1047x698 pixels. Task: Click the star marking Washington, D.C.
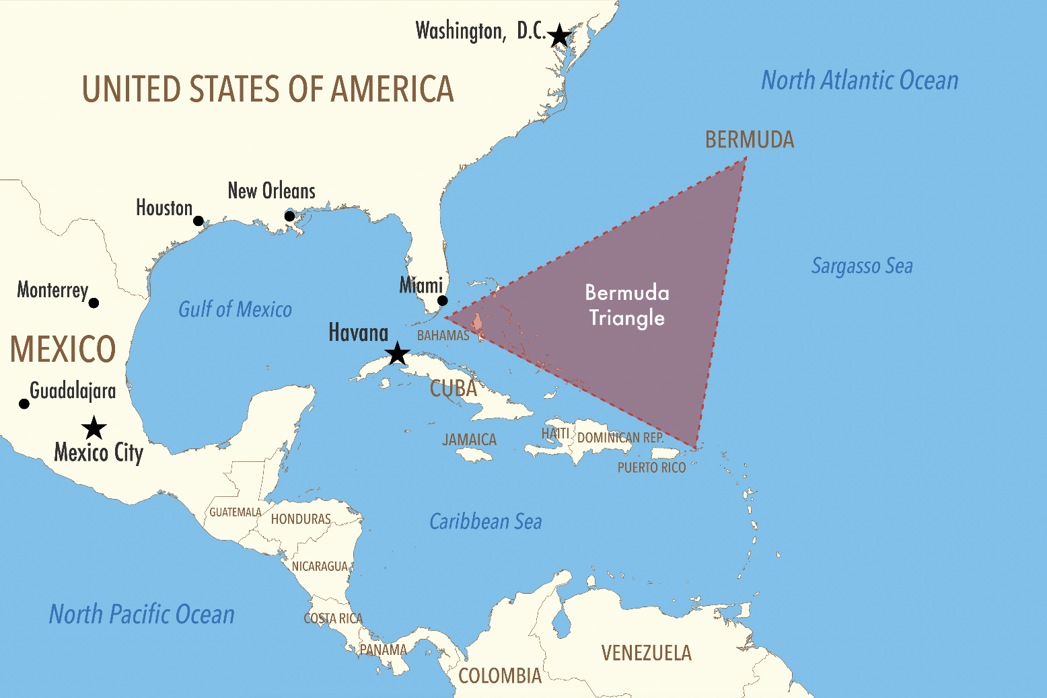pos(559,36)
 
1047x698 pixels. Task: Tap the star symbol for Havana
pos(398,353)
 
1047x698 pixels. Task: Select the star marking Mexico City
pos(94,428)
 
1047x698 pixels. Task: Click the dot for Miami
pos(442,301)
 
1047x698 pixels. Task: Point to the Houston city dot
pos(198,221)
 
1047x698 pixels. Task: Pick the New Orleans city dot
pos(289,216)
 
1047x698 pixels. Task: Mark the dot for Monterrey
pos(94,303)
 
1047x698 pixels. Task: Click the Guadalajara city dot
pos(24,403)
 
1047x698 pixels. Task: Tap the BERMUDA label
pos(750,140)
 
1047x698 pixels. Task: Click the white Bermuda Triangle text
pos(627,305)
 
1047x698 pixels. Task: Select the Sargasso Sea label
pos(862,266)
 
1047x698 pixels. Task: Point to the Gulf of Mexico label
pos(235,309)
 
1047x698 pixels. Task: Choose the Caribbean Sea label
pos(485,522)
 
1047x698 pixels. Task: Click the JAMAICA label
pos(469,440)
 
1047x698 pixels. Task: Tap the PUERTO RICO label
pos(651,467)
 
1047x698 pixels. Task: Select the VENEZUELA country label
pos(646,653)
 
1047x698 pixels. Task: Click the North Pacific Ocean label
pos(142,615)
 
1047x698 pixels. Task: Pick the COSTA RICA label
pos(333,619)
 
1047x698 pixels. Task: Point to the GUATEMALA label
pos(235,512)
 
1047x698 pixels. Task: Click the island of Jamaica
pos(476,455)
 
